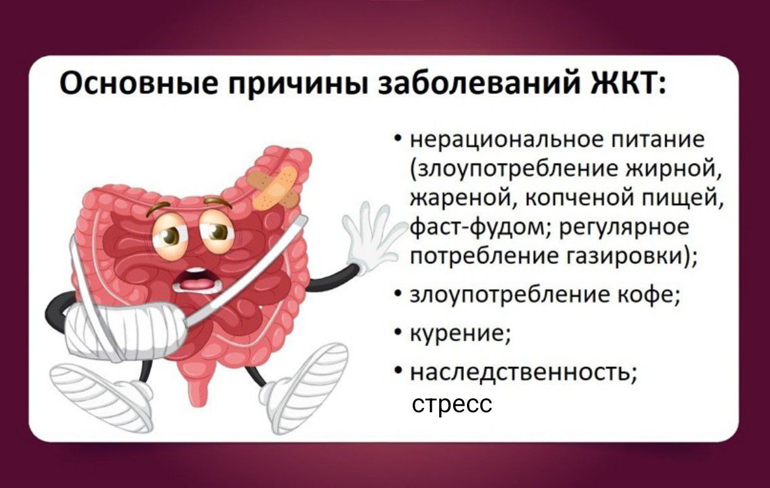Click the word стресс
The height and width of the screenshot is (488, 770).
click(451, 403)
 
